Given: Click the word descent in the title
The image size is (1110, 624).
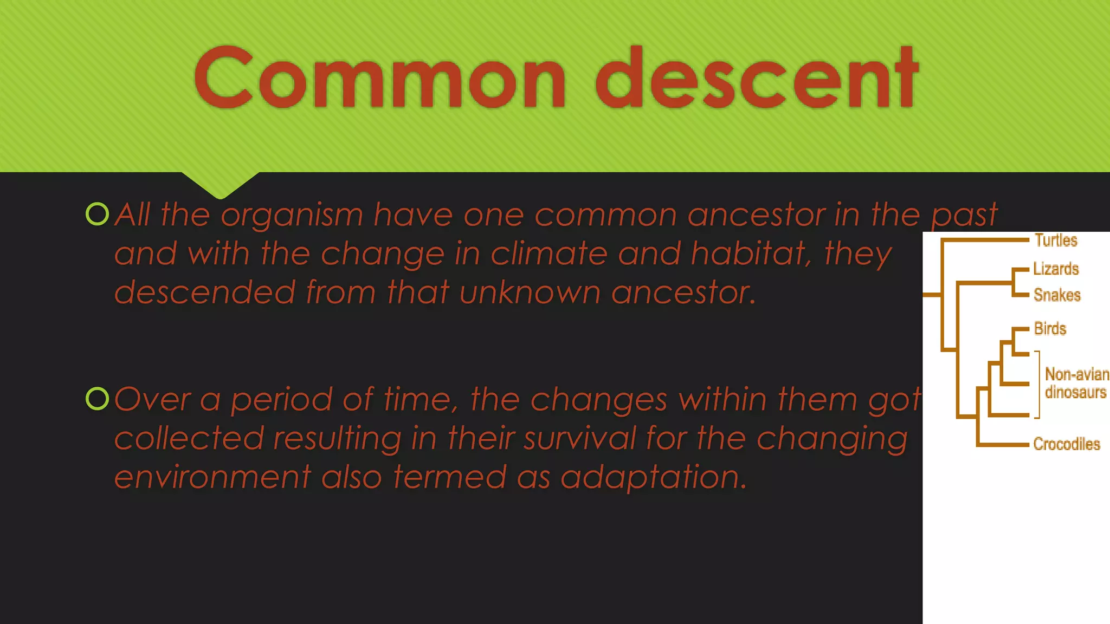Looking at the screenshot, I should coord(757,79).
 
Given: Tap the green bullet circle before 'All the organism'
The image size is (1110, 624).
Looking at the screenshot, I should coord(98,214).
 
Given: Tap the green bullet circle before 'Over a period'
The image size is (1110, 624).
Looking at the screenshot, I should coord(98,399).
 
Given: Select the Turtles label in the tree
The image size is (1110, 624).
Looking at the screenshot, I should coord(1056,240).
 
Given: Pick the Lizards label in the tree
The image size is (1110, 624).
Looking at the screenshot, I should coord(1056,269).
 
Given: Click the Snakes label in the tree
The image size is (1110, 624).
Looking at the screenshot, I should coord(1057,295).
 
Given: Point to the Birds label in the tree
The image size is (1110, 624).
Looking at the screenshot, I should coord(1050,329).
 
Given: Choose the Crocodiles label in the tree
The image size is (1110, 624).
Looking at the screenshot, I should coord(1067,444).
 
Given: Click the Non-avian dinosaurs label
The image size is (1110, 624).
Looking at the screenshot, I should coord(1076,383).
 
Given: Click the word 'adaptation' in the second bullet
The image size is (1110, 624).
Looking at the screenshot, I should coord(653,477).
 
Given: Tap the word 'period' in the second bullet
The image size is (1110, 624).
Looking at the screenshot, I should coord(282,400).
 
